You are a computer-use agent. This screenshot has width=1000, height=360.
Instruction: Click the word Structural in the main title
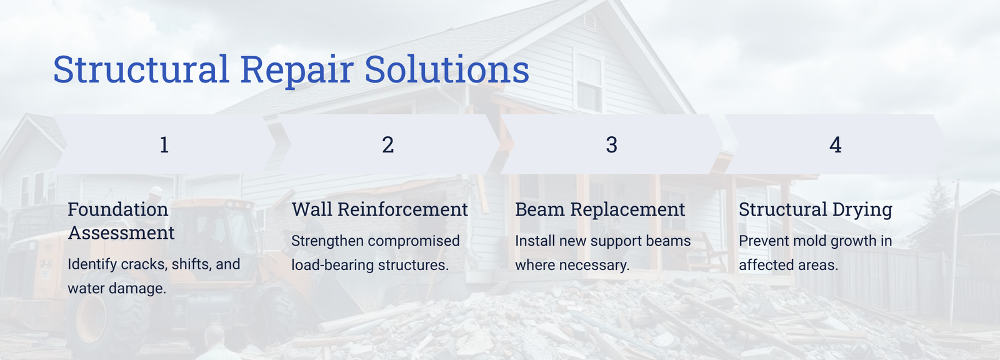coord(141,69)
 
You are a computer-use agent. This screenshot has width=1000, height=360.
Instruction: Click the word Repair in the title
coord(297,71)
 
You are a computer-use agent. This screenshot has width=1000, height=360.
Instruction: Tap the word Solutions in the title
coord(447,69)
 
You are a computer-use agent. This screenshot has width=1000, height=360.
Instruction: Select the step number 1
coord(164,145)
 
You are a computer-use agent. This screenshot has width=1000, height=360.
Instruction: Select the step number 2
coord(388,145)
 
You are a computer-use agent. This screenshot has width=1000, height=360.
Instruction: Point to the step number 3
coord(612,145)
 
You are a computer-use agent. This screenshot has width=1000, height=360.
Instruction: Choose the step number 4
coord(835,145)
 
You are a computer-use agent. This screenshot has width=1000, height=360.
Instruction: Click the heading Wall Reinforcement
coord(379,209)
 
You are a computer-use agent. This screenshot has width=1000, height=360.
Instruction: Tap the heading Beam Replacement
coord(600,209)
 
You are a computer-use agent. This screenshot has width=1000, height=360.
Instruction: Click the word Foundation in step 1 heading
coord(118,209)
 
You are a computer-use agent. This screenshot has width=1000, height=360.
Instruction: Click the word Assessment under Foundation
coord(121,232)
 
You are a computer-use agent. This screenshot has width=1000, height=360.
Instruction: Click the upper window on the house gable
coord(589,83)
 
